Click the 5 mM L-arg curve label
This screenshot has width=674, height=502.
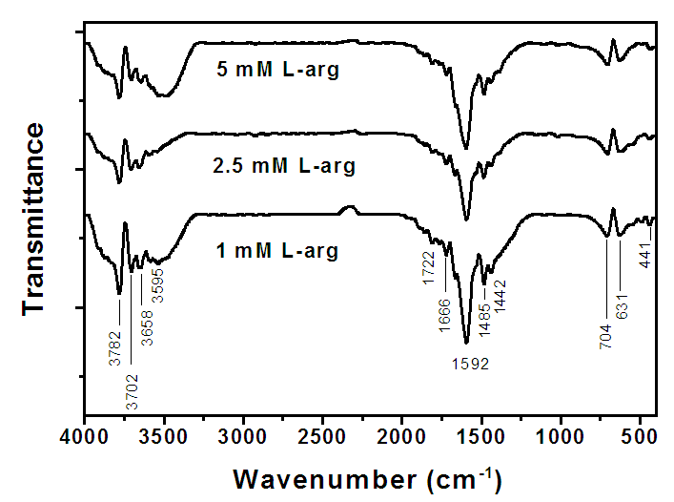276,70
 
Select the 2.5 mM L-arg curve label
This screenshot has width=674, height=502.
284,166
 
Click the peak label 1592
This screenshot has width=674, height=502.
466,364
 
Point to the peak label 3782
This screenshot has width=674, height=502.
114,347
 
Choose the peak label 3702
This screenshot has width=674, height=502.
131,390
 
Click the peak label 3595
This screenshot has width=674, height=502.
158,284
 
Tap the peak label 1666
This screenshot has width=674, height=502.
444,315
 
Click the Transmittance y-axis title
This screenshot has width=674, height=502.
34,218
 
